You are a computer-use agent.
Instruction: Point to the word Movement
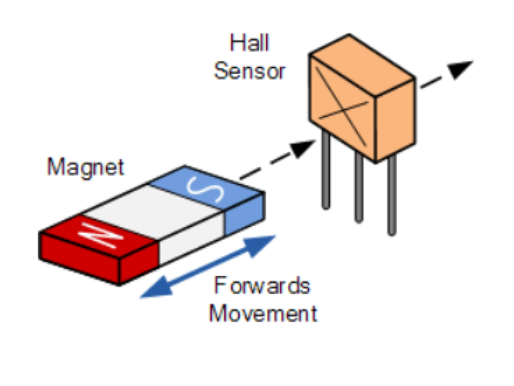tap(263, 313)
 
